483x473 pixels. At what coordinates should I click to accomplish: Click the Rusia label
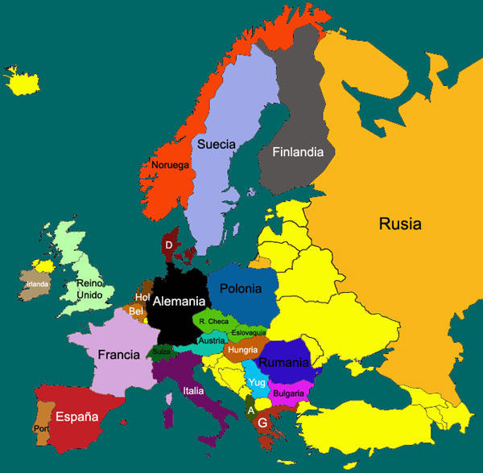tap(400, 224)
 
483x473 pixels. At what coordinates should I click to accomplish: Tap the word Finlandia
tap(298, 151)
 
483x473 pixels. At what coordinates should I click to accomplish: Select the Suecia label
tap(217, 144)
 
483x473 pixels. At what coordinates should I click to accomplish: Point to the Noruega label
tap(170, 166)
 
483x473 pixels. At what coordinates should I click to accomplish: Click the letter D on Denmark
tap(169, 245)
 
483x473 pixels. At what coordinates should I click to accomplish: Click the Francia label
tap(120, 354)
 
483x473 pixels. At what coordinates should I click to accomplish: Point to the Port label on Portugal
tap(41, 429)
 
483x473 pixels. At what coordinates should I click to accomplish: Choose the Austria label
tap(212, 340)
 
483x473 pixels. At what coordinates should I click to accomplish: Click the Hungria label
tap(242, 350)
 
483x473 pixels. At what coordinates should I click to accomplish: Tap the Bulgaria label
tap(289, 393)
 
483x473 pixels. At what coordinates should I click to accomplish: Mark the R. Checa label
tap(213, 321)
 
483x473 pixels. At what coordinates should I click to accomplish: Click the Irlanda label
tap(38, 284)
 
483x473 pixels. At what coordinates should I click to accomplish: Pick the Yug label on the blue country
tap(257, 382)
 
